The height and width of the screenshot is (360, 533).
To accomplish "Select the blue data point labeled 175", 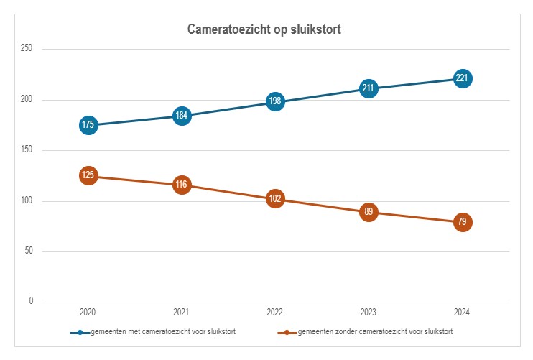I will click(88, 125).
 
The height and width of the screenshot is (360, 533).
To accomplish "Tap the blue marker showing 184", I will click(182, 116).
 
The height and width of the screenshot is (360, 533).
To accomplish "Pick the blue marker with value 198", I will click(275, 101).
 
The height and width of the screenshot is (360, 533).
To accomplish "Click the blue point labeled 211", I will click(369, 88).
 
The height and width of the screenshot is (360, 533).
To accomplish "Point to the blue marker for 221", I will click(463, 78).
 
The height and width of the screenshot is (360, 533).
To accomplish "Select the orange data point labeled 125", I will click(88, 175).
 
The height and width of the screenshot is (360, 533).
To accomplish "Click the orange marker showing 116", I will click(182, 185).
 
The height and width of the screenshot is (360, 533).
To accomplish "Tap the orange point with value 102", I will click(275, 199).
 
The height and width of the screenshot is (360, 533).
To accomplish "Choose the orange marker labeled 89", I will click(369, 212).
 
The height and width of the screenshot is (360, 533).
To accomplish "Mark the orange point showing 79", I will click(463, 222).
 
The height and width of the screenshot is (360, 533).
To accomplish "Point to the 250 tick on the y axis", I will click(27, 49).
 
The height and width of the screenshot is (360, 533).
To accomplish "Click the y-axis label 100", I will click(27, 200).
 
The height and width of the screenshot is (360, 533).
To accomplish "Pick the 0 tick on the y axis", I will click(31, 302).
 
